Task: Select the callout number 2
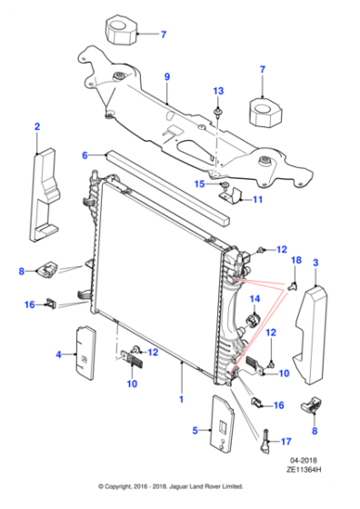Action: (x=37, y=126)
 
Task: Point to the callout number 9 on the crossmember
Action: (x=166, y=77)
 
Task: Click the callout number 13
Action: (x=218, y=91)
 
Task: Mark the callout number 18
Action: (x=295, y=260)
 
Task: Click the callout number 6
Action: (x=85, y=155)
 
